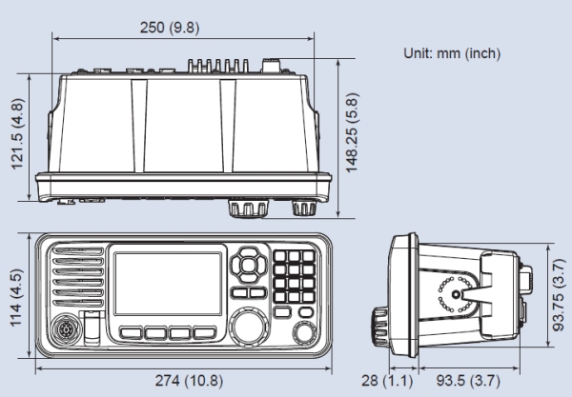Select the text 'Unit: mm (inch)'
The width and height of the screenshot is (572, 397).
click(454, 53)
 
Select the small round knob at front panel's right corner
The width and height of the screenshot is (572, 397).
click(304, 334)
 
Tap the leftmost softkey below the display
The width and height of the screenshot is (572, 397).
click(132, 332)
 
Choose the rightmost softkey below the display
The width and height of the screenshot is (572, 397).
click(204, 332)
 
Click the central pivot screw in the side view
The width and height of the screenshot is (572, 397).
click(459, 295)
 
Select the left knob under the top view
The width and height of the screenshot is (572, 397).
click(242, 208)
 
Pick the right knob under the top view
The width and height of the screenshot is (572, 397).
click(303, 207)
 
